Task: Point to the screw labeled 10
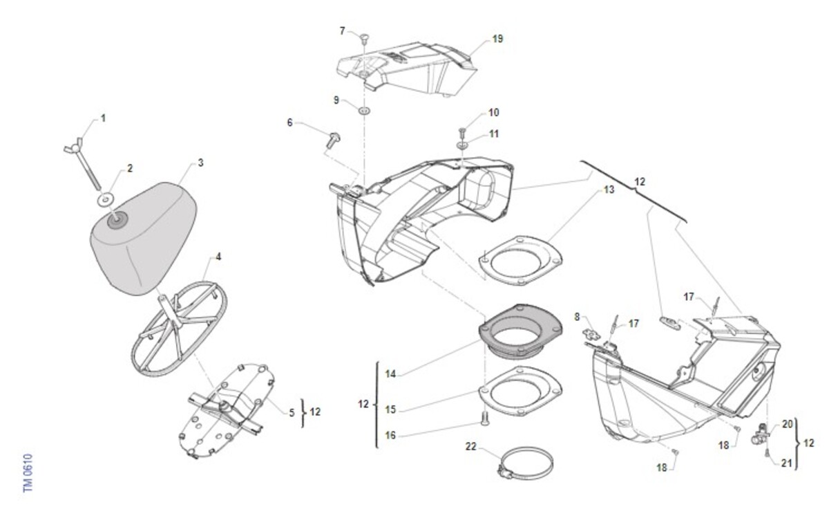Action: [463, 131]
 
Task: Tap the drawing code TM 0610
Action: [28, 473]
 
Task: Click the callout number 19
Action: [497, 39]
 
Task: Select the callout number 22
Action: [471, 446]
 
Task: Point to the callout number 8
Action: [578, 317]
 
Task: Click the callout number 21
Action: [786, 463]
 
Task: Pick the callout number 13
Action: [609, 190]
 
